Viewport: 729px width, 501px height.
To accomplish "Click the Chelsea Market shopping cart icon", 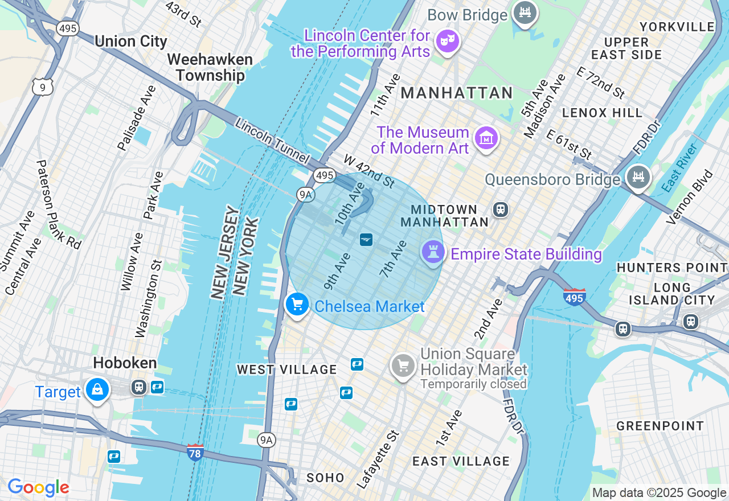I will tap(297, 305).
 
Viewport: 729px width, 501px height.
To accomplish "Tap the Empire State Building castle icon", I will tap(432, 252).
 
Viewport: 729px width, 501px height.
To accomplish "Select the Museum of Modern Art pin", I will tap(487, 138).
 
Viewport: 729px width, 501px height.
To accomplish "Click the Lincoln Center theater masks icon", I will tap(447, 41).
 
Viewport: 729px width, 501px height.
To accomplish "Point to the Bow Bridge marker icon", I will tap(525, 13).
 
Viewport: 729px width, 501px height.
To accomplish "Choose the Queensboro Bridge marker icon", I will tap(638, 176).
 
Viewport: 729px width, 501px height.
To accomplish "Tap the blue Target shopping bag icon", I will tap(97, 391).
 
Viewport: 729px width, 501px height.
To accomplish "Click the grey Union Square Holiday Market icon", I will tap(403, 366).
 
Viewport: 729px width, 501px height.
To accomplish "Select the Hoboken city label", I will tap(125, 363).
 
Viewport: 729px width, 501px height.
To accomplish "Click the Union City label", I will tap(131, 41).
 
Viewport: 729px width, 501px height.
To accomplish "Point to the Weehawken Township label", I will tap(210, 67).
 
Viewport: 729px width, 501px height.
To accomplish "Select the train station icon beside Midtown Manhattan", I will tap(501, 209).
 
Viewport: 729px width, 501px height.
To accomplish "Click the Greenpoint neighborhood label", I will tap(660, 426).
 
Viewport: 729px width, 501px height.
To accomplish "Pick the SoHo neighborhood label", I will tap(325, 478).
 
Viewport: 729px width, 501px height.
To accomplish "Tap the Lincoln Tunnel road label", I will tap(272, 142).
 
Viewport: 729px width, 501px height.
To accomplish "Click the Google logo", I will tap(38, 488).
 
